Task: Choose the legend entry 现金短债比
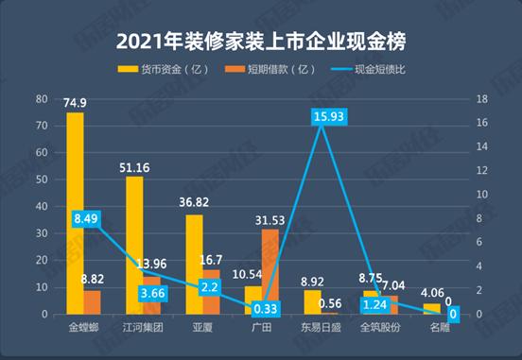point(377,70)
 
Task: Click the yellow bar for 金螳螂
point(75,213)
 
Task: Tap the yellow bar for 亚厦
point(194,264)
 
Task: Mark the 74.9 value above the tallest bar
point(76,103)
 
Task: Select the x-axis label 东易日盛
point(322,328)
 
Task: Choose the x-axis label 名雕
point(441,328)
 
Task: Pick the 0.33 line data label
point(267,308)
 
